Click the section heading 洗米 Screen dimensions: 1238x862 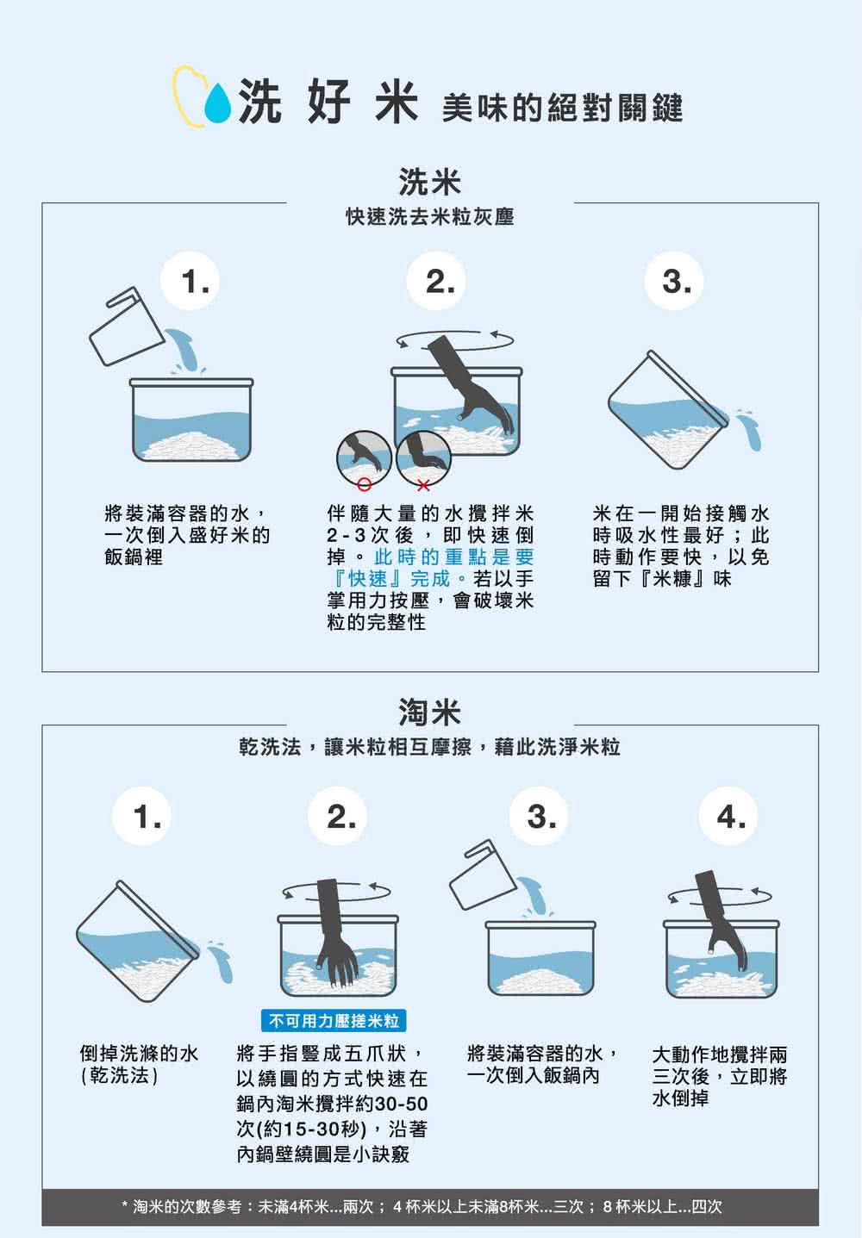pos(429,182)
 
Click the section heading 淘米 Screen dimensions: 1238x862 pos(429,712)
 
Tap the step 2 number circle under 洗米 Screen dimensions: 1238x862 pos(440,282)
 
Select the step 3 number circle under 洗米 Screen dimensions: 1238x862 pos(677,282)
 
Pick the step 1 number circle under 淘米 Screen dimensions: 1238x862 pos(147,816)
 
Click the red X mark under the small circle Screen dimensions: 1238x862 pos(422,487)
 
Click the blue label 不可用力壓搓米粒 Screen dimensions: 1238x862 pos(334,1021)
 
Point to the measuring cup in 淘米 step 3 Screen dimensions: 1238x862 pos(483,874)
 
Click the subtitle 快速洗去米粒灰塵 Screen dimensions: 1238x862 pos(429,217)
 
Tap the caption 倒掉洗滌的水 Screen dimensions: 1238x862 pos(139,1054)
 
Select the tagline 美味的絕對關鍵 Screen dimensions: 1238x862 pos(562,108)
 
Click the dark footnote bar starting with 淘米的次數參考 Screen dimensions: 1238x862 pos(429,1207)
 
